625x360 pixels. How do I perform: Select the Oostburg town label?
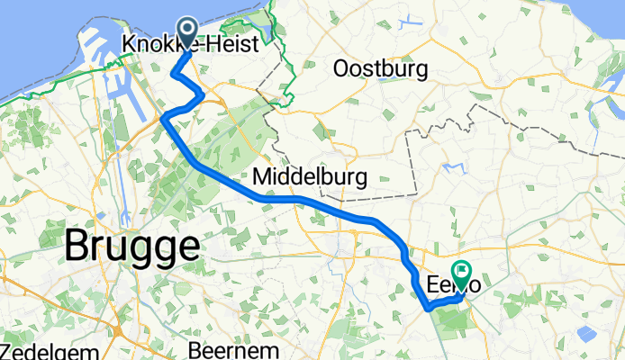pos(380,69)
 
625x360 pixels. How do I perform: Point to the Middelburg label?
pos(310,176)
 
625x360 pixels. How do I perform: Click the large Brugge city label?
pos(131,246)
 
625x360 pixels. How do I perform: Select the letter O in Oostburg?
pos(341,69)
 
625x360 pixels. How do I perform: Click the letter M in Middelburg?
pos(263,176)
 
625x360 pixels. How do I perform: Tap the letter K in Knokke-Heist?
pos(127,43)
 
